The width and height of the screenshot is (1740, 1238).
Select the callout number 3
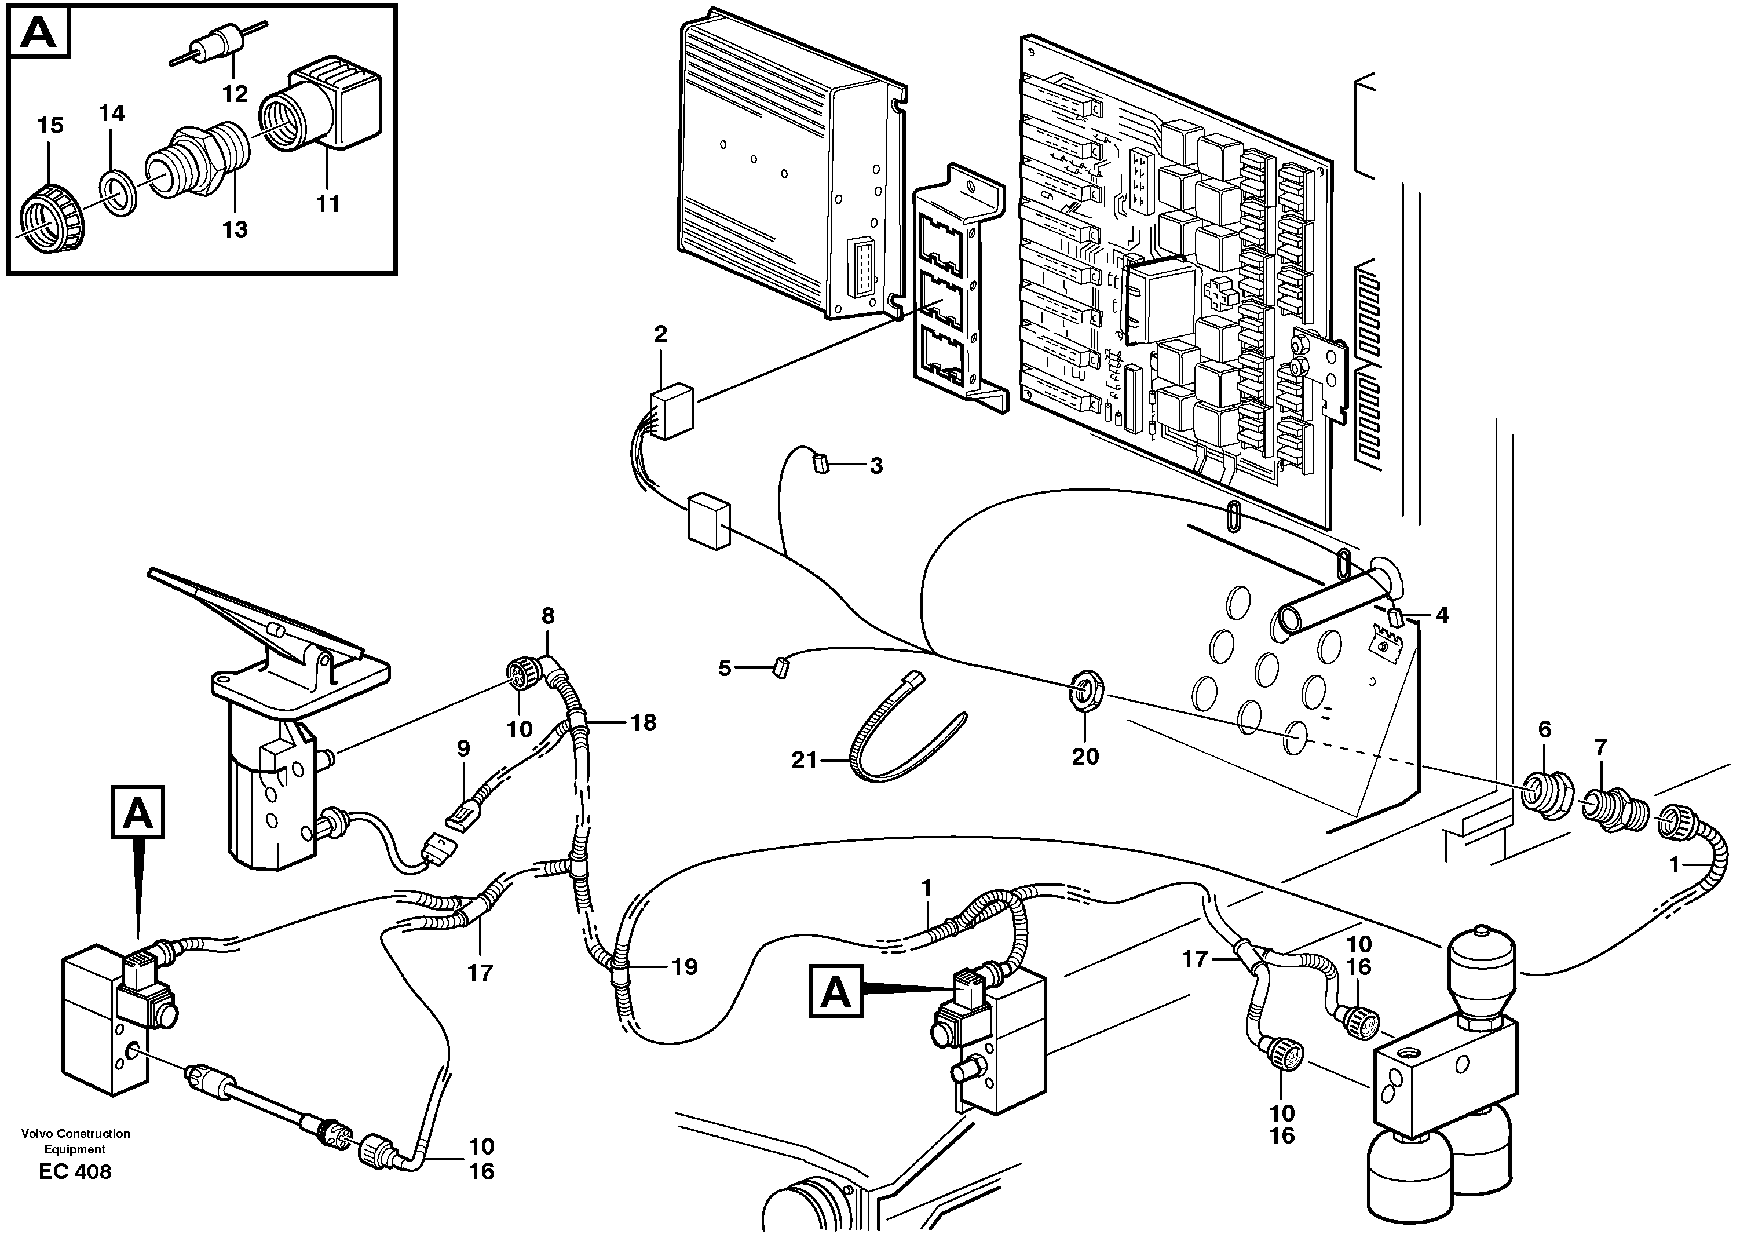876,466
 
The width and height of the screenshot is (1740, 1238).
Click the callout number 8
548,615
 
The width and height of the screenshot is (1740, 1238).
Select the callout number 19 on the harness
685,967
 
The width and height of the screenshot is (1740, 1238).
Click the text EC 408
75,1172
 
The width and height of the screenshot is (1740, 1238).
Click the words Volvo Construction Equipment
75,1141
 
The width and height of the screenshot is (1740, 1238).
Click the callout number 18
644,722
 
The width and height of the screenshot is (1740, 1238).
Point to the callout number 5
724,669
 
